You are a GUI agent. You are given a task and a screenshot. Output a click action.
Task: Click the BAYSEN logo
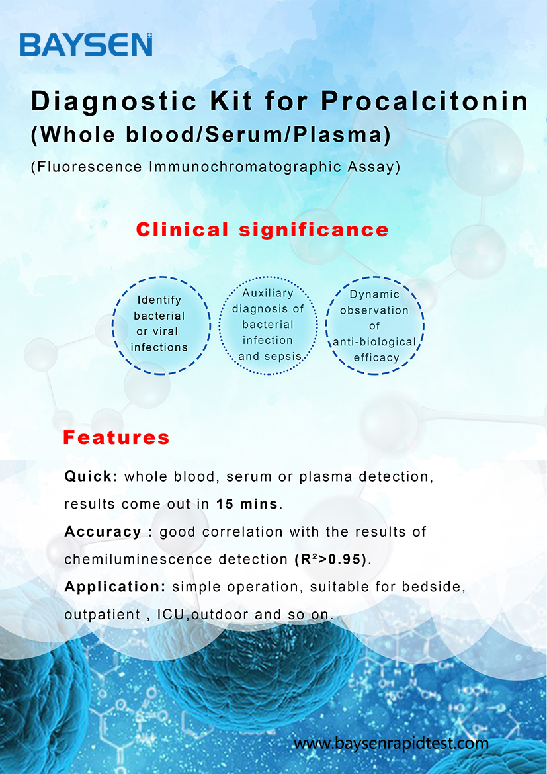(x=86, y=45)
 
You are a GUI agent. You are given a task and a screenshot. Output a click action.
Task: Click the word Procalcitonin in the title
(x=425, y=102)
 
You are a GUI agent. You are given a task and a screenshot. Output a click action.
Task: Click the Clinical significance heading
(x=262, y=230)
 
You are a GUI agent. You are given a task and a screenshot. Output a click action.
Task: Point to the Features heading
(x=116, y=437)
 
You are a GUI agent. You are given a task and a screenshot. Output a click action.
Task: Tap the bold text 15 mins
(x=247, y=504)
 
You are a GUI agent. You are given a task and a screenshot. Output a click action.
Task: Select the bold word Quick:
(x=91, y=477)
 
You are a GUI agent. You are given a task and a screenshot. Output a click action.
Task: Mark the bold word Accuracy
(x=103, y=532)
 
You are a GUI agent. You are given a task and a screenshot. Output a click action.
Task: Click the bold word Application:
(x=115, y=587)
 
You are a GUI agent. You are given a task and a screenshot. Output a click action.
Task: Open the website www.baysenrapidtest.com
(x=391, y=743)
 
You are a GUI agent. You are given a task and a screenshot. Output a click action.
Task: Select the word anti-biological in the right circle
(x=374, y=341)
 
